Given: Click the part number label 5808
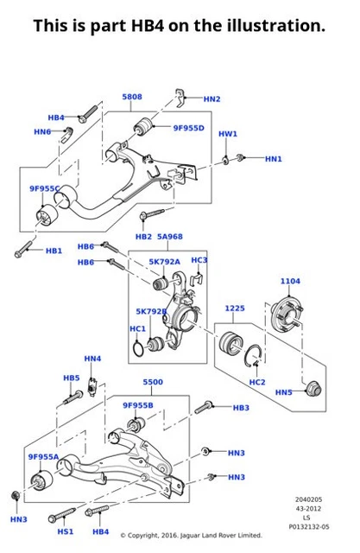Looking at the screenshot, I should (133, 97).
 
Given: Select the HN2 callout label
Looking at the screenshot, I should (212, 99).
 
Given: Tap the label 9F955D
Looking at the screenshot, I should (187, 128).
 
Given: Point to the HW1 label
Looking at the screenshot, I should (227, 134).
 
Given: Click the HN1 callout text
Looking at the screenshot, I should (273, 159).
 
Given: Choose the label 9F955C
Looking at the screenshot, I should (45, 188).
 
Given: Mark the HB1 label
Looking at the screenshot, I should (54, 251).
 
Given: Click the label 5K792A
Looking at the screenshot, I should (164, 261).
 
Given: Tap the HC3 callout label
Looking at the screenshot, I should (199, 260).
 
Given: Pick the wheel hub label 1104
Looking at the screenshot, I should (290, 282).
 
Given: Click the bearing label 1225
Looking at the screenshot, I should (235, 308).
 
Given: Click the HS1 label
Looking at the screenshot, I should (66, 531).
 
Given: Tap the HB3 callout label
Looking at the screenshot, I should (241, 407).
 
